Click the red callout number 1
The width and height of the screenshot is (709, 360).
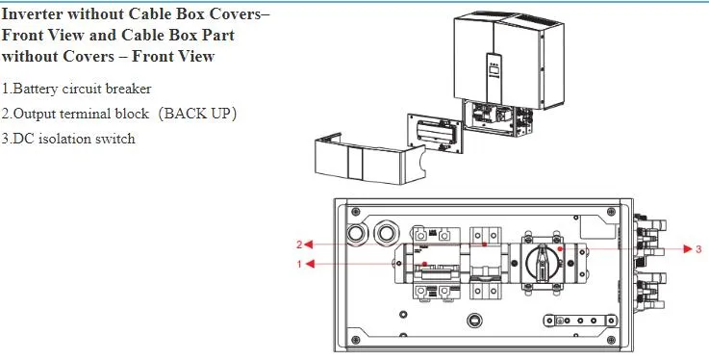(299, 264)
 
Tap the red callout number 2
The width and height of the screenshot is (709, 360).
(299, 244)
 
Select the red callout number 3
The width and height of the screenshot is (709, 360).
(698, 248)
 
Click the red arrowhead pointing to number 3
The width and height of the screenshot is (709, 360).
(688, 248)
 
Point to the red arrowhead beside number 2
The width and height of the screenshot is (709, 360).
(309, 244)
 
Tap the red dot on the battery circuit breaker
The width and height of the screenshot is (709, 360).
(424, 264)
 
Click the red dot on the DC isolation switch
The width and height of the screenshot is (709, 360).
(560, 248)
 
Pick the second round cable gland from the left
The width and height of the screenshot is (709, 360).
(386, 233)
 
